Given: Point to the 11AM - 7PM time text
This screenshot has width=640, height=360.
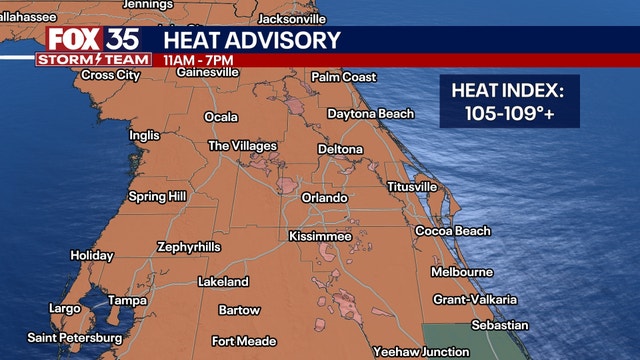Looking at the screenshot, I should point(196,60).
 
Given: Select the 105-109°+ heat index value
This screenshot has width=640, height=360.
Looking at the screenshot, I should point(508,114).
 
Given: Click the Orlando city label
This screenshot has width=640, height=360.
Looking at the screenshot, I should point(324,198).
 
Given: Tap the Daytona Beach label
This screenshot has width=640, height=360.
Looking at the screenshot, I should point(370,114).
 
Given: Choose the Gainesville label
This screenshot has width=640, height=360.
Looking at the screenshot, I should point(207,72).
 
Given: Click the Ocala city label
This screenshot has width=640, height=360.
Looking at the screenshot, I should point(221,117).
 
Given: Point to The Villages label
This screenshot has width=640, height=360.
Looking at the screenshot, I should point(242,146).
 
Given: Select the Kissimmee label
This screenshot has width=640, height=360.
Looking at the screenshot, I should point(319,236).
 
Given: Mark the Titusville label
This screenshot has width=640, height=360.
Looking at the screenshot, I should point(412,187).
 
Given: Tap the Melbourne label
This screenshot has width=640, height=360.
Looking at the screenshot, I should point(461,272).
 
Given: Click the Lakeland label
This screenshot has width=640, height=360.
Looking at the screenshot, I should point(223,282).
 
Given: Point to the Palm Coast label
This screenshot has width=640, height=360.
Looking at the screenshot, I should point(343,77).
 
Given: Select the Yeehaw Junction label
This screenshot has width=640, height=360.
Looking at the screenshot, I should point(420,352).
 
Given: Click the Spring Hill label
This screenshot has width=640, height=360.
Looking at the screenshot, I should point(157,197).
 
